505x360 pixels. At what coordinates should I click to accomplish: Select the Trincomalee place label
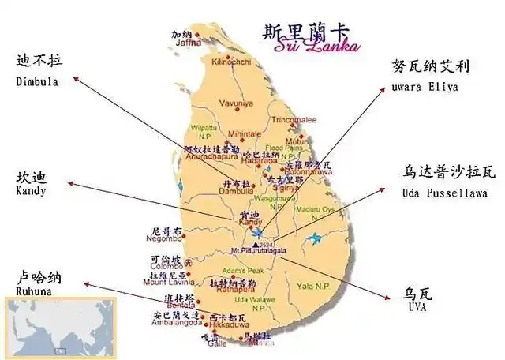pyautogui.click(x=294, y=119)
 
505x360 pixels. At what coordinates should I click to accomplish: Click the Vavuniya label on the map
pyautogui.click(x=236, y=103)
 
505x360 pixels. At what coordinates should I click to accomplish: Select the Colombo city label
pyautogui.click(x=165, y=266)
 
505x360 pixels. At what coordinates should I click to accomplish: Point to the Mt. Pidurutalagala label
pyautogui.click(x=258, y=250)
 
